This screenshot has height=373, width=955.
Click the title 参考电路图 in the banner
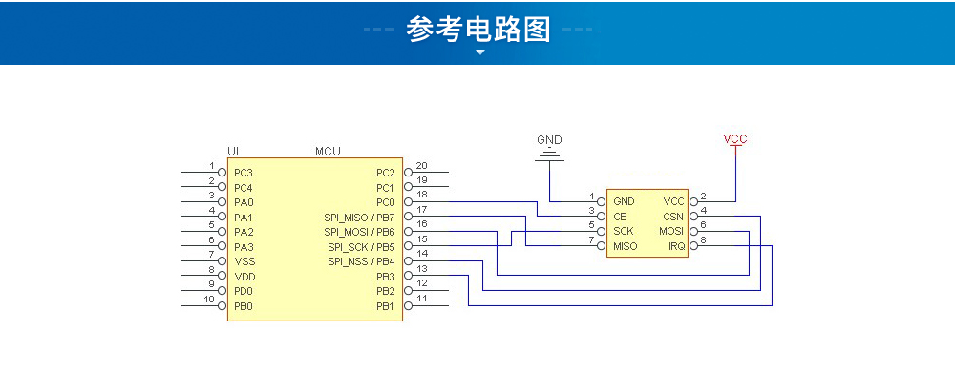(478, 30)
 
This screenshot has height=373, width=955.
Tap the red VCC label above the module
(735, 139)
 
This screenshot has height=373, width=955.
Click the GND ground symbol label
(549, 139)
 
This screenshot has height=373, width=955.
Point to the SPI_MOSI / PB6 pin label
(359, 232)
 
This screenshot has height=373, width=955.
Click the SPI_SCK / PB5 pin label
(359, 247)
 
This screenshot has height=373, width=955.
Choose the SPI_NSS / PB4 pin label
(360, 261)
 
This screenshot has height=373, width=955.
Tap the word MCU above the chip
(328, 152)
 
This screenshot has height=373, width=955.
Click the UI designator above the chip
(233, 152)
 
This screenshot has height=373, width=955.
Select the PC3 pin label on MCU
(244, 173)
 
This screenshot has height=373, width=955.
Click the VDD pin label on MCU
(244, 277)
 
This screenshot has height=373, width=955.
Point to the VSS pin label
(244, 261)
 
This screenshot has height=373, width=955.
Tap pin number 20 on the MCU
(421, 166)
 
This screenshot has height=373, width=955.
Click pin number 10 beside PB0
(210, 300)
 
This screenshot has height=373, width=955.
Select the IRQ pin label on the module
(676, 246)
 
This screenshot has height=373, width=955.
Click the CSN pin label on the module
(674, 217)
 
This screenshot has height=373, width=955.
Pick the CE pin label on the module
(620, 217)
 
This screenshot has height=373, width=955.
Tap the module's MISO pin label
(625, 246)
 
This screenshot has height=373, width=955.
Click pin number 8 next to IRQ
(704, 239)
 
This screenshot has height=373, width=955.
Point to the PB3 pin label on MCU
(385, 277)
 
